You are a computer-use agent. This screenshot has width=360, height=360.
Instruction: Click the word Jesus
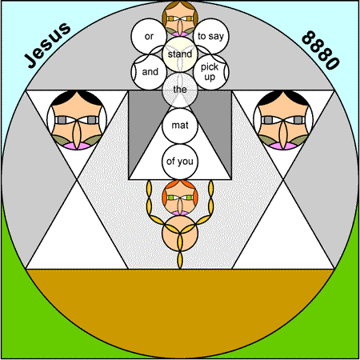[x=47, y=45]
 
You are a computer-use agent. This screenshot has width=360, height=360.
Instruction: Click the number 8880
[x=321, y=50]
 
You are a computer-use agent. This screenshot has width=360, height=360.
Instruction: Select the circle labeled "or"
[x=149, y=36]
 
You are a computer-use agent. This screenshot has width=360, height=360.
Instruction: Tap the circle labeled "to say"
[x=210, y=36]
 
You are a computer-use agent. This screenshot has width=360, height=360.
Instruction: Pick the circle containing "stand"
[x=180, y=54]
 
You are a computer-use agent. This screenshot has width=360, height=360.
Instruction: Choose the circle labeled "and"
[x=149, y=72]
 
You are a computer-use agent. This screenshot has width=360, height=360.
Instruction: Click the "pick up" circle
[x=210, y=72]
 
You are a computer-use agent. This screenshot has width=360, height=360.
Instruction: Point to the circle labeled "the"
[x=180, y=90]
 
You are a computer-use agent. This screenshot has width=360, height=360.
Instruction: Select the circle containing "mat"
[x=180, y=126]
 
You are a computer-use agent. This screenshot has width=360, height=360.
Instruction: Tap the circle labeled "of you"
[x=180, y=162]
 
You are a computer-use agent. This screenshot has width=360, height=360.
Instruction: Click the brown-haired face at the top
[x=180, y=18]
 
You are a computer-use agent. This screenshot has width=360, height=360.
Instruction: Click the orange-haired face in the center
[x=180, y=198]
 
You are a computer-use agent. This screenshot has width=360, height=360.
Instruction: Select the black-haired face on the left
[x=77, y=120]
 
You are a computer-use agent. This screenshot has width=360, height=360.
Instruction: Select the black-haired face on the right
[x=283, y=120]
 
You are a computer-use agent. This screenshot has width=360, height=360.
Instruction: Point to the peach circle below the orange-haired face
[x=180, y=234]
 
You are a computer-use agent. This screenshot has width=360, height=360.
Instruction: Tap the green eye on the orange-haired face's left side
[x=170, y=198]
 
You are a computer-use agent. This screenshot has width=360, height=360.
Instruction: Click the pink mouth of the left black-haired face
[x=77, y=146]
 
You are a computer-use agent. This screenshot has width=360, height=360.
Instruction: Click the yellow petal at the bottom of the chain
[x=180, y=260]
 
